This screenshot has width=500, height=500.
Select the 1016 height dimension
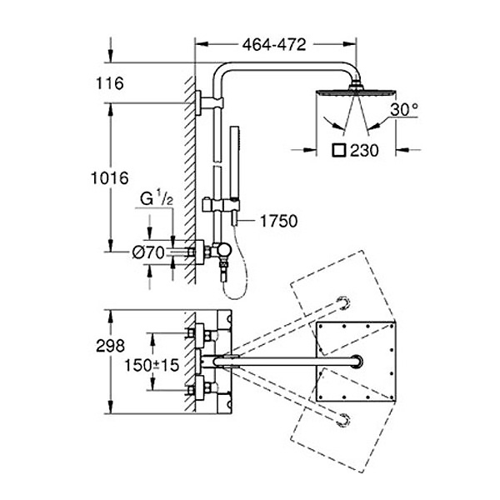110,177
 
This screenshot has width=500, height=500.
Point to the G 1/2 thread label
157,199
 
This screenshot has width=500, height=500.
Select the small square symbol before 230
338,151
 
